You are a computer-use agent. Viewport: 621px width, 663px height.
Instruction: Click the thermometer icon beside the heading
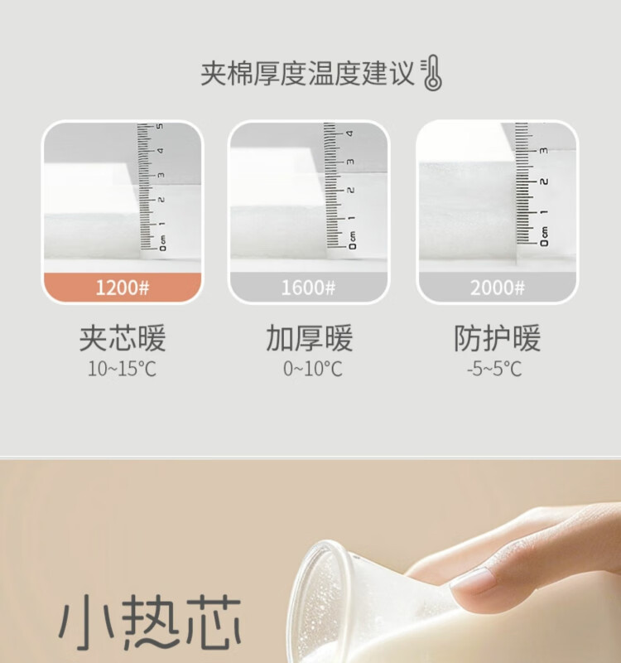[431, 73]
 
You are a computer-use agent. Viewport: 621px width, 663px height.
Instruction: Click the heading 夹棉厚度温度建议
[307, 74]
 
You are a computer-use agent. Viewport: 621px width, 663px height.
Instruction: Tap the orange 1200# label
[123, 288]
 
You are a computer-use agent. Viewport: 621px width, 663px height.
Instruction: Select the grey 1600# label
[308, 288]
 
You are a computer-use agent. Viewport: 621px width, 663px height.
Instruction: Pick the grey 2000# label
[498, 288]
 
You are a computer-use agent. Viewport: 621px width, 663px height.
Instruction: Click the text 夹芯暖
[123, 338]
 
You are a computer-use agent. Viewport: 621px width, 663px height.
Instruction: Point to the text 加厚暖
[309, 338]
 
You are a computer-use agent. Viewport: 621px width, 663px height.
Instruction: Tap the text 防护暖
[498, 338]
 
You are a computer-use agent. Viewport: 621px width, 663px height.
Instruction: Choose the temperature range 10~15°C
[122, 369]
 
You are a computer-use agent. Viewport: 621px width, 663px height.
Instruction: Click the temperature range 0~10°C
[313, 369]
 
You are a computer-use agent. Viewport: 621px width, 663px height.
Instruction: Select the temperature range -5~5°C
[494, 369]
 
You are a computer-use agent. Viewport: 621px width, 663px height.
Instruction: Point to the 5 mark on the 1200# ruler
[160, 127]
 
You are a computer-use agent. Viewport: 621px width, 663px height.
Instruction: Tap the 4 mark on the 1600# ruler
[349, 133]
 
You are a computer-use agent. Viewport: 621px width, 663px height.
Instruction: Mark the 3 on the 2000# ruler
[544, 151]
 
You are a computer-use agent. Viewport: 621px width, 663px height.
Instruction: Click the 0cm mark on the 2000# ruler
[545, 237]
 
